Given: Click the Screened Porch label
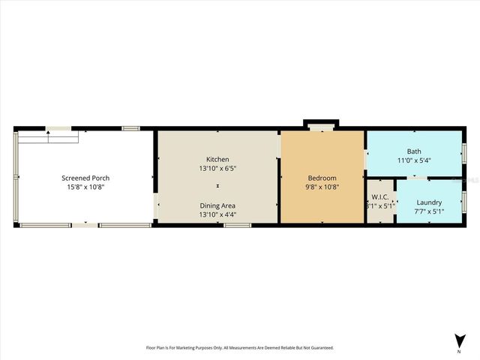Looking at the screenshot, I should tap(85, 178).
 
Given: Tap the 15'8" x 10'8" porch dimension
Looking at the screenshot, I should tap(85, 187).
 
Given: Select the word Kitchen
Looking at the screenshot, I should tap(217, 159).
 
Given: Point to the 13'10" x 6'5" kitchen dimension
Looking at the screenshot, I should tap(217, 169).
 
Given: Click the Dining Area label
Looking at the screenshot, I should tap(217, 205).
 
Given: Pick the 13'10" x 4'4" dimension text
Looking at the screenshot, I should tap(217, 215).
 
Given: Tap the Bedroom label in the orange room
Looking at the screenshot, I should tap(323, 178).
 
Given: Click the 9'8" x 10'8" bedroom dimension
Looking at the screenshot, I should tap(323, 187).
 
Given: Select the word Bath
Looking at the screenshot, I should tap(414, 151).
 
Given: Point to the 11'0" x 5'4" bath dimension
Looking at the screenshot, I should tap(414, 160).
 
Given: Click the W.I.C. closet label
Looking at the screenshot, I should tap(379, 197).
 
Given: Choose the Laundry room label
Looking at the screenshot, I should tap(429, 202).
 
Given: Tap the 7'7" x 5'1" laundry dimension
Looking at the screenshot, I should tap(429, 211).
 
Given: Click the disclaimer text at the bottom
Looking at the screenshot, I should tap(239, 347).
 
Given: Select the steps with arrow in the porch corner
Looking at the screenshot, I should tap(48, 137).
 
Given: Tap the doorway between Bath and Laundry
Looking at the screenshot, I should tap(418, 178).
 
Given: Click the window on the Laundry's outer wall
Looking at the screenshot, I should tap(464, 201).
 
